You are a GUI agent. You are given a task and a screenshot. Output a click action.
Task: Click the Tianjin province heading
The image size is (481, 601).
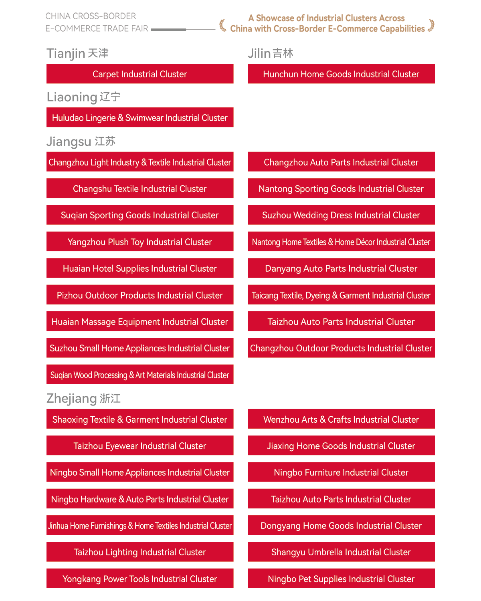(x=77, y=53)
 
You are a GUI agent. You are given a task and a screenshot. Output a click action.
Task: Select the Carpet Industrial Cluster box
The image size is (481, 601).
(x=140, y=74)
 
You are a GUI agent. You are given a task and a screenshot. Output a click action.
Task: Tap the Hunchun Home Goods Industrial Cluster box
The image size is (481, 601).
(x=341, y=74)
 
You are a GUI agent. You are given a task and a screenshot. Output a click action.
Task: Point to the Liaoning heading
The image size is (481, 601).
(x=83, y=97)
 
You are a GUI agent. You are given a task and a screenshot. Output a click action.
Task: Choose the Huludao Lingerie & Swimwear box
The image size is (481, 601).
(x=140, y=118)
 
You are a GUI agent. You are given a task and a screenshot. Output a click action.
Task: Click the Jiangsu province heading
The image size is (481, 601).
(x=81, y=141)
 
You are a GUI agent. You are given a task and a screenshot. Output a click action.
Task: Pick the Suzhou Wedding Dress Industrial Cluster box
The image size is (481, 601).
(x=341, y=215)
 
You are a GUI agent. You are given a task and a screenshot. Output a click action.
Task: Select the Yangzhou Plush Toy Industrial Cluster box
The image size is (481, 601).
(x=140, y=242)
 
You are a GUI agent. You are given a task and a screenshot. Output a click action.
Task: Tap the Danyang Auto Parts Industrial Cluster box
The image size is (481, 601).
(x=341, y=268)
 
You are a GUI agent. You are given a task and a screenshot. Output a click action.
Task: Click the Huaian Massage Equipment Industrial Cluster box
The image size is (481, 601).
(x=140, y=322)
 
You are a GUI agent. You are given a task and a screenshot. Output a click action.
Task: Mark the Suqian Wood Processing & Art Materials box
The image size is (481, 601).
(x=140, y=375)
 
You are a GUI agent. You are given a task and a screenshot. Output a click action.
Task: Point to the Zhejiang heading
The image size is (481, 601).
(x=83, y=398)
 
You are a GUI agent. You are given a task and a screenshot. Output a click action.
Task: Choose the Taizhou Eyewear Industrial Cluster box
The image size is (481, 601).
(x=140, y=446)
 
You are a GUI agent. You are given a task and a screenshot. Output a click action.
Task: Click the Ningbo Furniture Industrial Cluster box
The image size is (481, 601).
(x=341, y=472)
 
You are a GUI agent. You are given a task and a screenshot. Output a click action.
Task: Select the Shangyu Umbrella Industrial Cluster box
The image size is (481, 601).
(x=341, y=552)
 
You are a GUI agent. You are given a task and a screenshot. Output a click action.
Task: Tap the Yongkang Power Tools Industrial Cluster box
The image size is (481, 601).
(x=140, y=579)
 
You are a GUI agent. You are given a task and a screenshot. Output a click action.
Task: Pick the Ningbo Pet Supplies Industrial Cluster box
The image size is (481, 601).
(x=341, y=579)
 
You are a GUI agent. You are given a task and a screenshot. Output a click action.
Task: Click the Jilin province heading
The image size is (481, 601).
(x=271, y=53)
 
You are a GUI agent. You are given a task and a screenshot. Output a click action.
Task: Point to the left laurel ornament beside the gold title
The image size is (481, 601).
(x=223, y=25)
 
